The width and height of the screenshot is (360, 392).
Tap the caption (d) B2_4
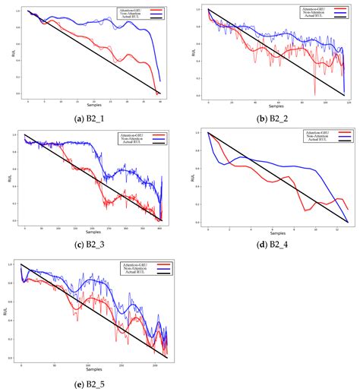(x=270, y=241)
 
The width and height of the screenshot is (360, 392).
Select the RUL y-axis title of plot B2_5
(x=8, y=311)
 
